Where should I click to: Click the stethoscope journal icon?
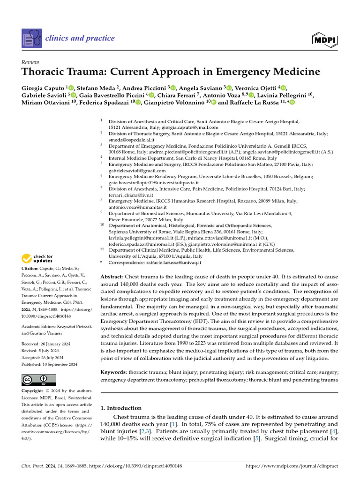[x=31, y=38]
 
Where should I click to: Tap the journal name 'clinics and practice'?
[x=80, y=38]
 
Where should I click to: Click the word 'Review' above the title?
[x=30, y=62]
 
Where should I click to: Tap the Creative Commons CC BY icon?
[x=38, y=380]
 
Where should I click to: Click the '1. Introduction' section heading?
[x=121, y=408]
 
